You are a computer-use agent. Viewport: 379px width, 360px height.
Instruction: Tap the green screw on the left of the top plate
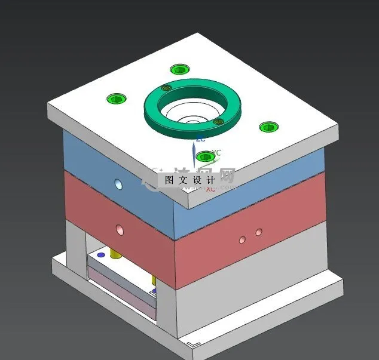(x=115, y=99)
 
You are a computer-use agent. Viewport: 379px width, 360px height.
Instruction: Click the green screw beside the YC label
(x=205, y=156)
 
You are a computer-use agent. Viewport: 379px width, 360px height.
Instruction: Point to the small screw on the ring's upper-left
(x=167, y=88)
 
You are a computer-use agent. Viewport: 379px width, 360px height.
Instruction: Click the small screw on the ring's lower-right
(x=219, y=122)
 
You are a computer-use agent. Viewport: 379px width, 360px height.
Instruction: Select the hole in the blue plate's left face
(x=118, y=184)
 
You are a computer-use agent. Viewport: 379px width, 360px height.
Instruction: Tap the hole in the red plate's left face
(x=120, y=229)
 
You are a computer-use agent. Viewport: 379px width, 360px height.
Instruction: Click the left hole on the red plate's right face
(x=242, y=239)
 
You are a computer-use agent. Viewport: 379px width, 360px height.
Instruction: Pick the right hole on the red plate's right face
(x=259, y=231)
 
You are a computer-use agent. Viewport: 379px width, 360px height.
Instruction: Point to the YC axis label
(x=217, y=153)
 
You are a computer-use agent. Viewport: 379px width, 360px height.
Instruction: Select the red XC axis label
(x=210, y=189)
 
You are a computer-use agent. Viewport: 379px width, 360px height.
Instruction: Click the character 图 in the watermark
(x=169, y=180)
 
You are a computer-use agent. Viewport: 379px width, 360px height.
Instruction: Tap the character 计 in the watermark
(x=210, y=180)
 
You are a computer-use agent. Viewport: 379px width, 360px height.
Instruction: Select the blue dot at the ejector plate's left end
(x=101, y=255)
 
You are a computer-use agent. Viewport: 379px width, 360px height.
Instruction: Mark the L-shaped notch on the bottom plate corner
(x=192, y=344)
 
